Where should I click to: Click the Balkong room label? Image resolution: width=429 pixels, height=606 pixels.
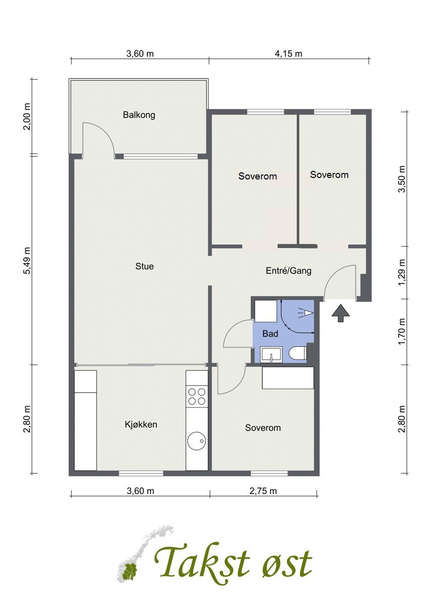click(139, 115)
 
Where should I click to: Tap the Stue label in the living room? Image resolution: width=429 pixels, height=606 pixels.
click(145, 266)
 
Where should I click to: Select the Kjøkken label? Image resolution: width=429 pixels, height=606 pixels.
click(141, 424)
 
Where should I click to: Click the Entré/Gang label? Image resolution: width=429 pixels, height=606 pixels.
click(288, 271)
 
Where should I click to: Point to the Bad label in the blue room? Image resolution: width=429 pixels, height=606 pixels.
click(271, 334)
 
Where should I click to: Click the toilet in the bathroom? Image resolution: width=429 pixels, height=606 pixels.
click(297, 354)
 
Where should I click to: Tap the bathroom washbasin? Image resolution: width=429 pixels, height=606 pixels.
click(271, 354)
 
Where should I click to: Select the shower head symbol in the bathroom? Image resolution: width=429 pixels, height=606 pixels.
click(306, 313)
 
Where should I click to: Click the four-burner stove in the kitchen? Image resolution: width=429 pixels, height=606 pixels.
click(197, 396)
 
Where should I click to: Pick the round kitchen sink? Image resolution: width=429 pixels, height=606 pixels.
click(197, 441)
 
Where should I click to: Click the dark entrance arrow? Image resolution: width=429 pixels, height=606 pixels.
click(341, 313)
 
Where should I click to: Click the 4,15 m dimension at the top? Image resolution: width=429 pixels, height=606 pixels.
click(288, 54)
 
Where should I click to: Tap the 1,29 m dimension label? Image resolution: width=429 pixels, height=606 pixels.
click(402, 272)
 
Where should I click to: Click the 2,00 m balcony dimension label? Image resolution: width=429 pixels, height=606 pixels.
click(27, 116)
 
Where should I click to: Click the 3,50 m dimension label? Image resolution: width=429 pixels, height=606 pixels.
click(402, 179)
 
